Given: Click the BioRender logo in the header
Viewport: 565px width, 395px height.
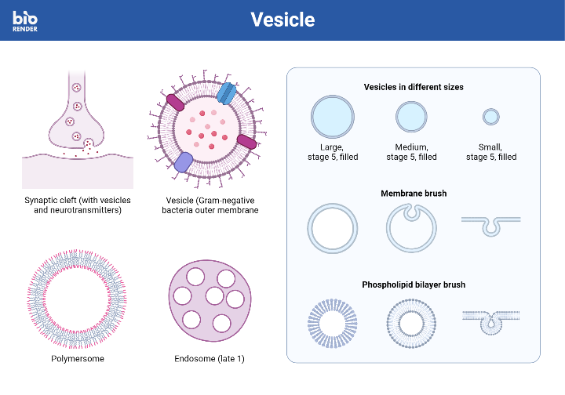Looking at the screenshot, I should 25,20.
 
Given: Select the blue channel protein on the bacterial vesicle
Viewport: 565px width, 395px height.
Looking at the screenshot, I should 226,93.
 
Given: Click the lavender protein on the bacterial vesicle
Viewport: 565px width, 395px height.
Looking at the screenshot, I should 183,161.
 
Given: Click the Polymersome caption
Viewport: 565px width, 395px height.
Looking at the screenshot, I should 77,359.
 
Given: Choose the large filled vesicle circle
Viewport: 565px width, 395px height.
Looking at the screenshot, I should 333,117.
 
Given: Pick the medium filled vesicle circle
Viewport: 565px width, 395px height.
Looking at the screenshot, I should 411,117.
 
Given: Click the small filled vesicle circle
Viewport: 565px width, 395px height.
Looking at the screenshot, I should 491,117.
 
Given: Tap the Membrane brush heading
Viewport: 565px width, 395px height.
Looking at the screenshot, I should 414,193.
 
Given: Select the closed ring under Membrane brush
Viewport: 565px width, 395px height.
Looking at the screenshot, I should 333,229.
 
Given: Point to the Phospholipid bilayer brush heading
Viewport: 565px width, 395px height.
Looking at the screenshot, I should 414,284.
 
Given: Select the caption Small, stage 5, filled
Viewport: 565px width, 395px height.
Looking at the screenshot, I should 491,152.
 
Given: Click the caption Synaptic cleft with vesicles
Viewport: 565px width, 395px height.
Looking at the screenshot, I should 77,205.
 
